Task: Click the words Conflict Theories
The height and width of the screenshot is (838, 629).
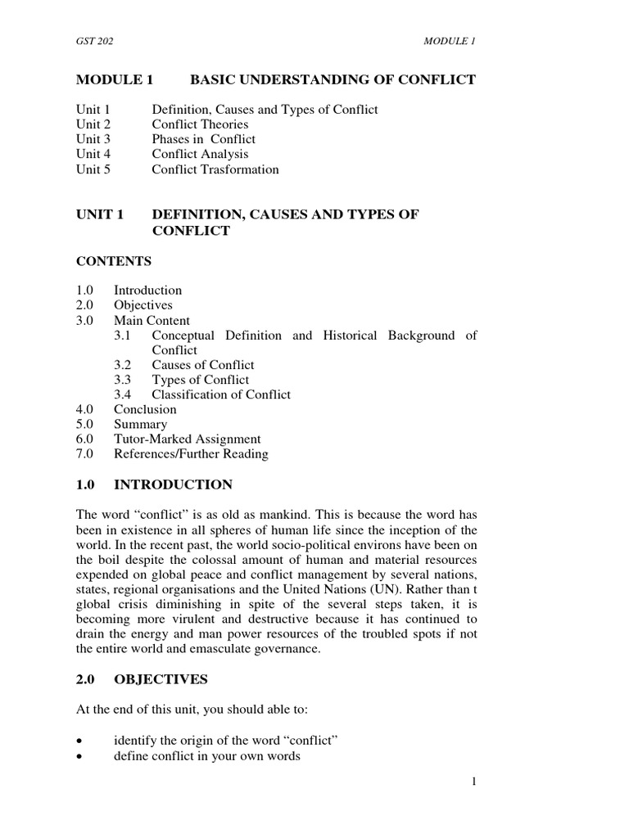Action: (200, 124)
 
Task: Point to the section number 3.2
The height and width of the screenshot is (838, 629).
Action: (124, 365)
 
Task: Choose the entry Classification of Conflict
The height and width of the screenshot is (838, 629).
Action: (221, 394)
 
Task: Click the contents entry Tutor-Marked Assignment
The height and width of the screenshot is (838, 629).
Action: (187, 439)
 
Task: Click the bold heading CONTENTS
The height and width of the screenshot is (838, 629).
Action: (114, 261)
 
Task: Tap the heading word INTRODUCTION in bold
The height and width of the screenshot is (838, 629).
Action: (173, 484)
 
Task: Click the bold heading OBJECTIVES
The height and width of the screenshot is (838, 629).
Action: (161, 679)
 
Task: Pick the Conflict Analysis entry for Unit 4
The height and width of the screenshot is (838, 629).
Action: (200, 154)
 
